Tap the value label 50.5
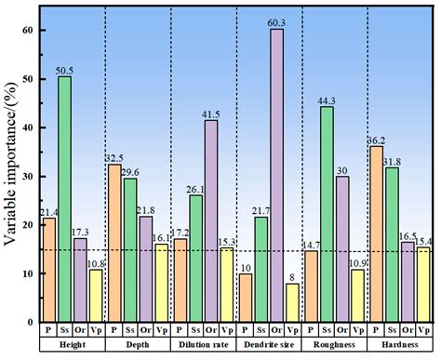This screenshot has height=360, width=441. pyautogui.click(x=65, y=68)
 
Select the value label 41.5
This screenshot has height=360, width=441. pyautogui.click(x=212, y=113)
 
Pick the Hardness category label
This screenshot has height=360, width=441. pyautogui.click(x=400, y=346)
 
